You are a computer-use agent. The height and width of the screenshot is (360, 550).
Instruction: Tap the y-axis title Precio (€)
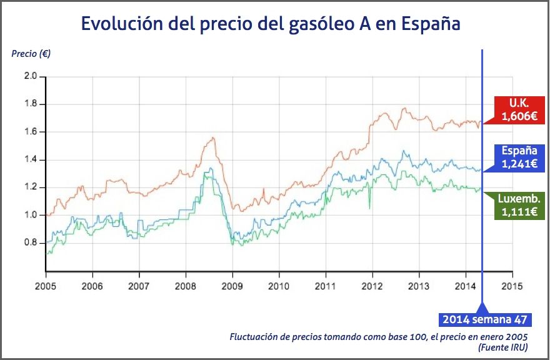coord(31,54)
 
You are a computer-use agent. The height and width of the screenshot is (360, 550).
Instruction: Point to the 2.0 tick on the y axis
coord(31,76)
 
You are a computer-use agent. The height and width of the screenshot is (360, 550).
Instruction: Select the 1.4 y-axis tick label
coord(31,159)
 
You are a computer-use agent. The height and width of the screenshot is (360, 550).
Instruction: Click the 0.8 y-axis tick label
coord(31,242)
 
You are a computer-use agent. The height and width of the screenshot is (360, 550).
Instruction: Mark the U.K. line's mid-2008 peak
coord(214,137)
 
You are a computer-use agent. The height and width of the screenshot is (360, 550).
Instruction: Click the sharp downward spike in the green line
coord(369,208)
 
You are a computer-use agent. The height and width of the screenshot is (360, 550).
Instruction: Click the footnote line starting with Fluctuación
coord(379,336)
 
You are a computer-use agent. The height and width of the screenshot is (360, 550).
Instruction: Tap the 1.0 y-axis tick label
coord(31,215)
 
